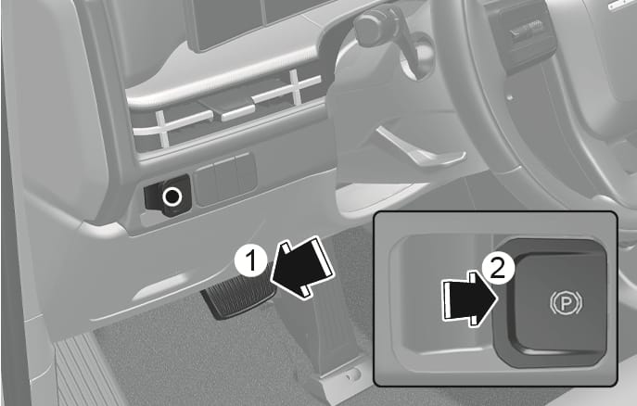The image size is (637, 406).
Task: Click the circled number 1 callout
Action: [251, 260]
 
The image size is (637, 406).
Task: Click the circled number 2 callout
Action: [499, 269]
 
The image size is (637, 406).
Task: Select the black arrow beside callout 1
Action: [301, 269]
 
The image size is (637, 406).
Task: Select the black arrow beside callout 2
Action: [470, 298]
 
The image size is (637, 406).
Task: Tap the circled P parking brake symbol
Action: [566, 303]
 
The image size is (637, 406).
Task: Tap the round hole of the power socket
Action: [172, 197]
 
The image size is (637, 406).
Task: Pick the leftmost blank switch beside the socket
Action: [205, 184]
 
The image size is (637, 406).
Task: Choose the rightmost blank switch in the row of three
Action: [246, 173]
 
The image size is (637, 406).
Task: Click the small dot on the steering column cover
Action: [510, 97]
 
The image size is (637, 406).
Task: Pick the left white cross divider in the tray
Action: [162, 128]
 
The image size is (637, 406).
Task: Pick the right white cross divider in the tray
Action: [296, 86]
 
